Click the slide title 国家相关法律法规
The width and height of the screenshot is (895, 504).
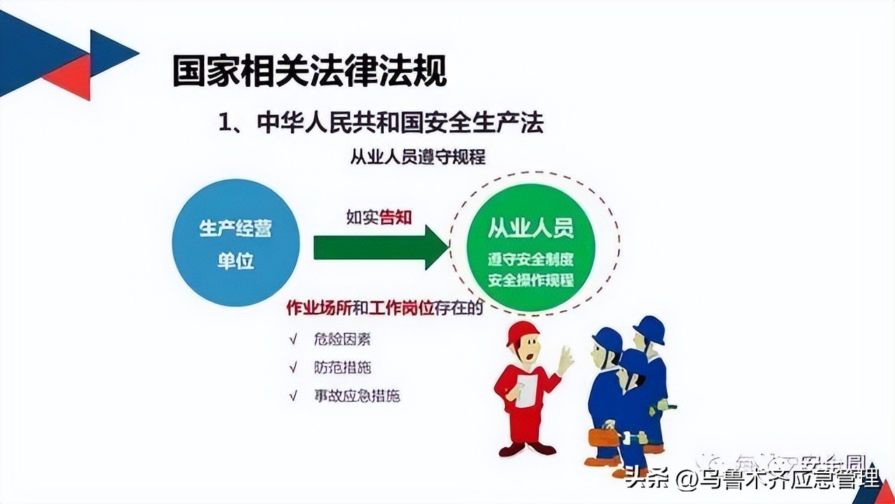(309, 71)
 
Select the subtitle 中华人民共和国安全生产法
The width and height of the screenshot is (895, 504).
(400, 123)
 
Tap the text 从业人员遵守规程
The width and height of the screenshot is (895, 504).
(417, 156)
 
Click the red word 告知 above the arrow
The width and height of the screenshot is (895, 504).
(396, 217)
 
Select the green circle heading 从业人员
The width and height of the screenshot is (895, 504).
(531, 228)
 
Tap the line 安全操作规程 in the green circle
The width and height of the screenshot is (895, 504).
(531, 281)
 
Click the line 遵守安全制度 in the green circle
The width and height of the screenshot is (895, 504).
(531, 260)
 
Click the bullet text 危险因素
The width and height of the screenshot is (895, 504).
(342, 340)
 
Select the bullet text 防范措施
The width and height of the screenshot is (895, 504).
(342, 367)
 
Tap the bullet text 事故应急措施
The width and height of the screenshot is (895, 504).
(357, 395)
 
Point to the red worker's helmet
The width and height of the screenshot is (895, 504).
(522, 332)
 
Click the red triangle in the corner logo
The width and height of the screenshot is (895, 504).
(70, 76)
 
